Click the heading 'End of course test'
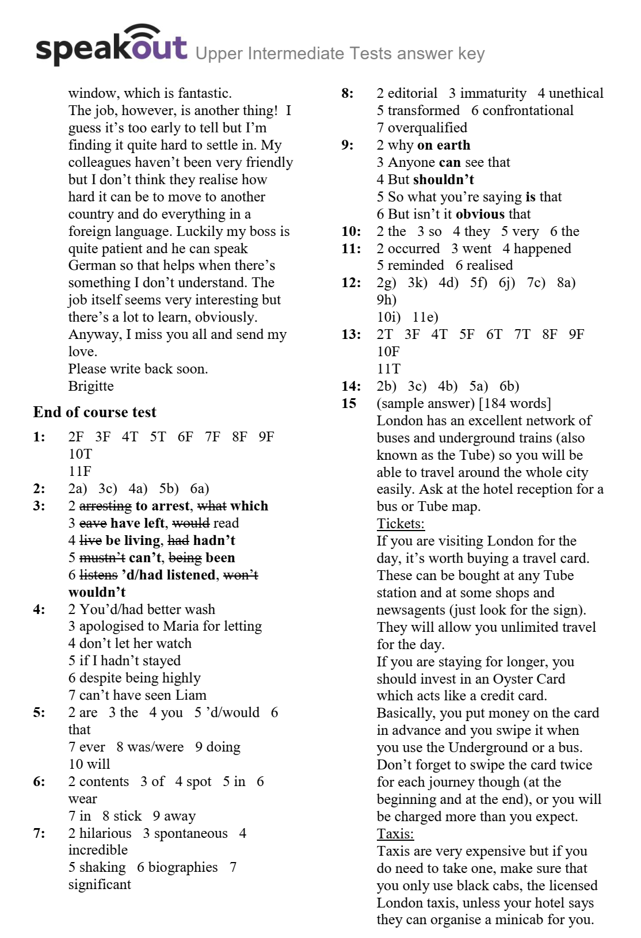pyautogui.click(x=95, y=412)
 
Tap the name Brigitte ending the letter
pyautogui.click(x=91, y=386)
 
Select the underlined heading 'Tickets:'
pyautogui.click(x=400, y=524)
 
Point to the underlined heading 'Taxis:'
pyautogui.click(x=395, y=834)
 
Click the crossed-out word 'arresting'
pyautogui.click(x=105, y=506)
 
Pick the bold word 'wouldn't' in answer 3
pyautogui.click(x=97, y=592)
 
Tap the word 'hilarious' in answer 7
pyautogui.click(x=105, y=833)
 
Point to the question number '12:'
pyautogui.click(x=351, y=283)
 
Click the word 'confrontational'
pyautogui.click(x=528, y=110)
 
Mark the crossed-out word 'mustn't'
pyautogui.click(x=102, y=558)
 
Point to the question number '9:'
pyautogui.click(x=348, y=145)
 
